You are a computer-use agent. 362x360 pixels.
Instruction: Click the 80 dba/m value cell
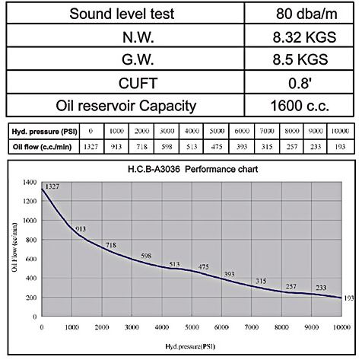coord(306,14)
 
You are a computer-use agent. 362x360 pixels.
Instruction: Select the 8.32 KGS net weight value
coord(304,37)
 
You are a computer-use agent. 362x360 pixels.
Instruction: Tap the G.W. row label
coord(138,59)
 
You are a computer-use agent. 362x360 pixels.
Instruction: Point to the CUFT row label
coord(138,83)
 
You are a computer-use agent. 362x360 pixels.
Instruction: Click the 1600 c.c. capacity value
coord(300,106)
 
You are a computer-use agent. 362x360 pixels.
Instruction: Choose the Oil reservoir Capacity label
coord(126,106)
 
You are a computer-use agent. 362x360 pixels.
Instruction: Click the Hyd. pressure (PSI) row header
coord(44,132)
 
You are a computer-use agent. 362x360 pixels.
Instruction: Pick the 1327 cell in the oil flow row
coord(90,147)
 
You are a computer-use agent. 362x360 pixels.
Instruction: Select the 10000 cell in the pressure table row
coord(340,131)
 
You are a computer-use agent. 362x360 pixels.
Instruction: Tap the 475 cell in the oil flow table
coord(217,147)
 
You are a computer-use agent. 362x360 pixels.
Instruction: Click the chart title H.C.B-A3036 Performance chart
coord(192,169)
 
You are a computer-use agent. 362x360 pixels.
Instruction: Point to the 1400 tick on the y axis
coord(30,182)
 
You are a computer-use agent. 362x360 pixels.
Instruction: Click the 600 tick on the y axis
coord(31,259)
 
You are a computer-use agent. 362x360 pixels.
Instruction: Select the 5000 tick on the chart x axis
coord(192,327)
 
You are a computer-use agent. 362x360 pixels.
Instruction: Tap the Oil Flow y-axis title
coord(14,247)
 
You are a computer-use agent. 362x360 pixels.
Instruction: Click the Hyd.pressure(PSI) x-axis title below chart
coord(190,346)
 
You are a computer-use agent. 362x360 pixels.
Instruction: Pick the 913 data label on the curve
coord(81,229)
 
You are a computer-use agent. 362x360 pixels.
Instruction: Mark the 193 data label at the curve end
coord(349,298)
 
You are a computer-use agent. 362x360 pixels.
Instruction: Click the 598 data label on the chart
coord(146,256)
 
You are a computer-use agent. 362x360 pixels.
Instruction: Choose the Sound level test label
coord(122,14)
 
